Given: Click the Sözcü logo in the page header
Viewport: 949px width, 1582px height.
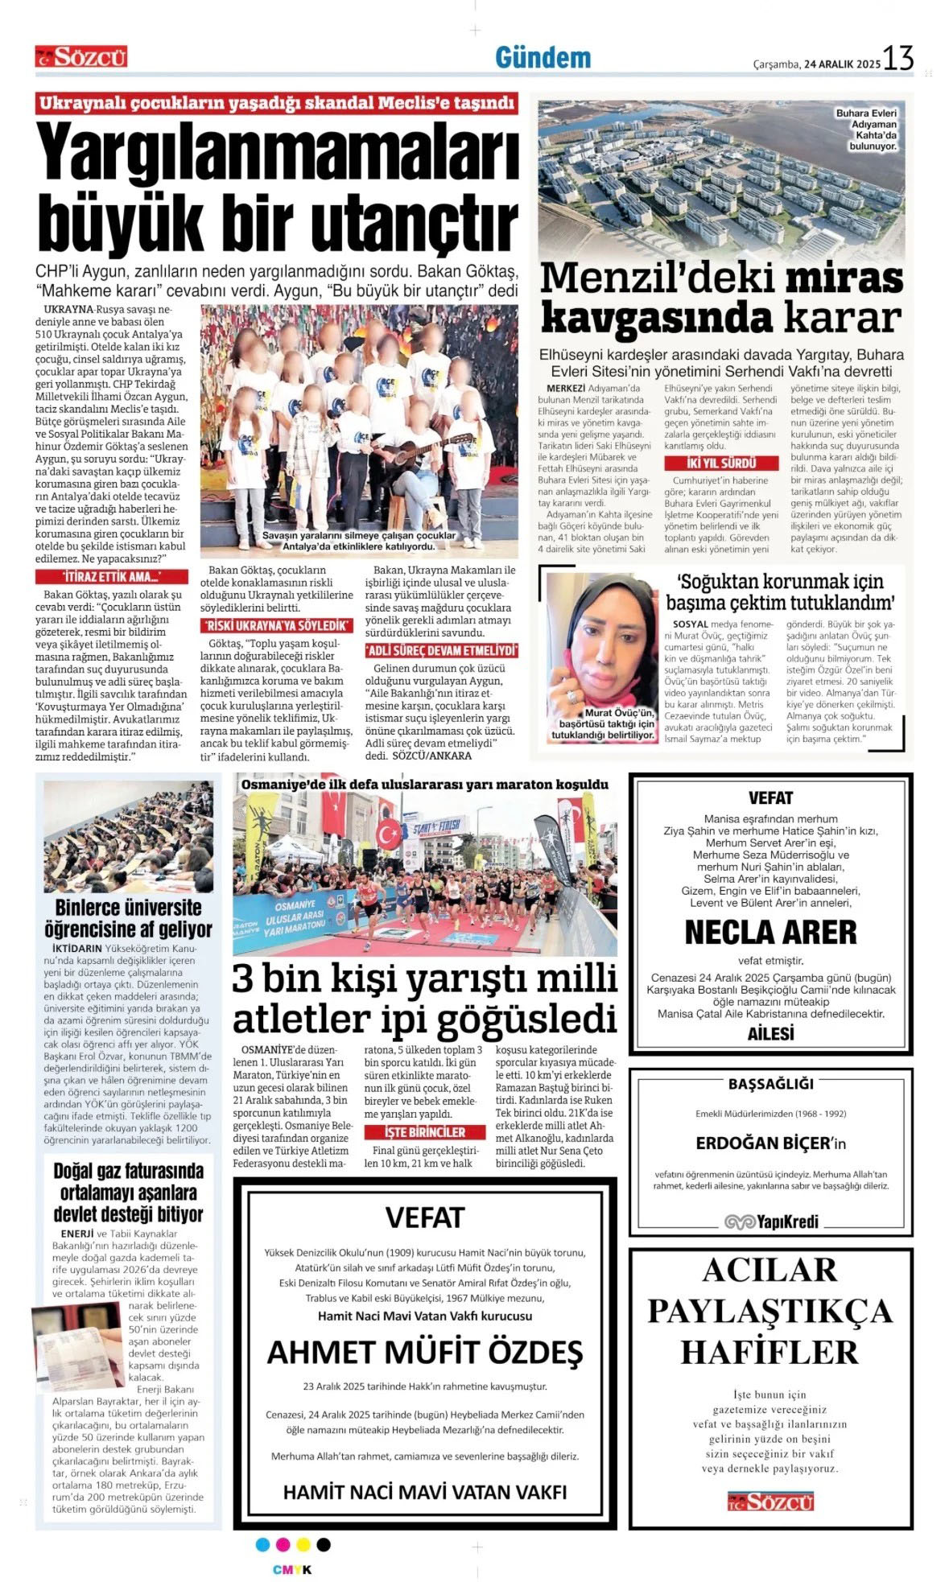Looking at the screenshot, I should coord(81,56).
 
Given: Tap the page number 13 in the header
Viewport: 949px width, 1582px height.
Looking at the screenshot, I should coord(898,58).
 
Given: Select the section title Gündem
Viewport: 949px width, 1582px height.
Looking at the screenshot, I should coord(543,58).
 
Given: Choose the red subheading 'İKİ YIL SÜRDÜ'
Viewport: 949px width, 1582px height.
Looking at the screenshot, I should coord(721,463).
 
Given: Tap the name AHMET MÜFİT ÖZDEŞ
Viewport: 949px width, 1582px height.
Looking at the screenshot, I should coord(424,1352).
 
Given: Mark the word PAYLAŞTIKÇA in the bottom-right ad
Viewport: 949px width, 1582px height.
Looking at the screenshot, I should coord(770,1311).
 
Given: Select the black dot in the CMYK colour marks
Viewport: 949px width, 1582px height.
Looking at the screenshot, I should coord(324,1544).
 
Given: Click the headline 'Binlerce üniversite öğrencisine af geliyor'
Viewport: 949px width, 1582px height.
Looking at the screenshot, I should coord(129,918).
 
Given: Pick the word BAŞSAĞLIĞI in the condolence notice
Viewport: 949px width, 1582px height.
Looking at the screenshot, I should coord(770,1084).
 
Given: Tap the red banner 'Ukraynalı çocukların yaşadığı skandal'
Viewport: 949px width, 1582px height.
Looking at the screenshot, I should coord(277,103).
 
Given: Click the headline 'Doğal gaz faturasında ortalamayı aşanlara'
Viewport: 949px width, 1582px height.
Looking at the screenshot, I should coord(129,1192).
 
